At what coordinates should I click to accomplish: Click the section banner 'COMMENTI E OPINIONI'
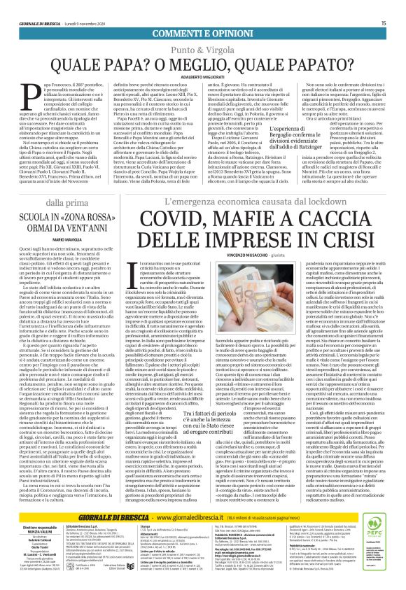click(x=203, y=34)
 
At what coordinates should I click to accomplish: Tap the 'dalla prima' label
click(x=52, y=202)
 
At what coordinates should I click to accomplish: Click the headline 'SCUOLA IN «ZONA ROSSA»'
click(x=52, y=218)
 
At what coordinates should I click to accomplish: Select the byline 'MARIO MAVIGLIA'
click(x=52, y=239)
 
